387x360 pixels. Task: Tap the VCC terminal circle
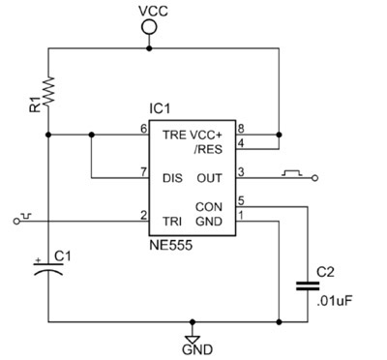149,29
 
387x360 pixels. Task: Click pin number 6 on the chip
143,128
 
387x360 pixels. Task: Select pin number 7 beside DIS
143,171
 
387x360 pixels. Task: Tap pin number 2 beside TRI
143,214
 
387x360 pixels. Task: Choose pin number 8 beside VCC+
242,128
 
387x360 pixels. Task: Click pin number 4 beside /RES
242,144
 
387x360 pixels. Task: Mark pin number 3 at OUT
242,171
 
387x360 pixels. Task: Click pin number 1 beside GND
242,214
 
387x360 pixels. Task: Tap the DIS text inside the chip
172,178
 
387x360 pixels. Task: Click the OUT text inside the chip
209,178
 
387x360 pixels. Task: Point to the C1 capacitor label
62,255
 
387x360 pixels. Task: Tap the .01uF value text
333,300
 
